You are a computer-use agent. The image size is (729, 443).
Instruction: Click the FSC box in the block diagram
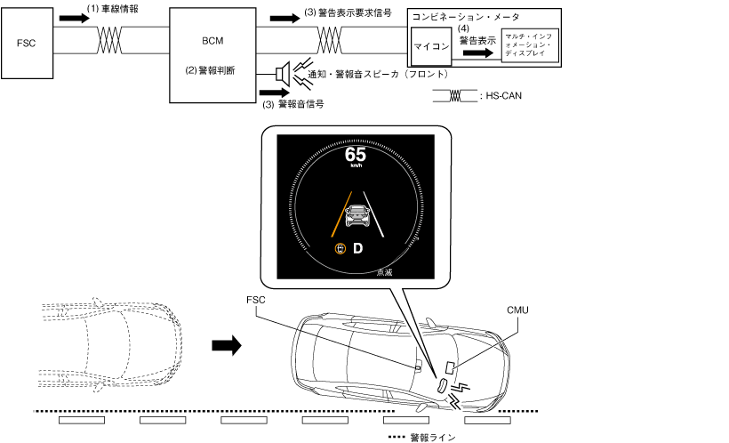pos(28,42)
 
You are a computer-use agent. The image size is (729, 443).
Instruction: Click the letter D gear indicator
pos(358,248)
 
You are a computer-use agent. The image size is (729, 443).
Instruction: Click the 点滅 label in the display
pos(385,271)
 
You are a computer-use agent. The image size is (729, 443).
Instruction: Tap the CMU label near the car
pos(517,310)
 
